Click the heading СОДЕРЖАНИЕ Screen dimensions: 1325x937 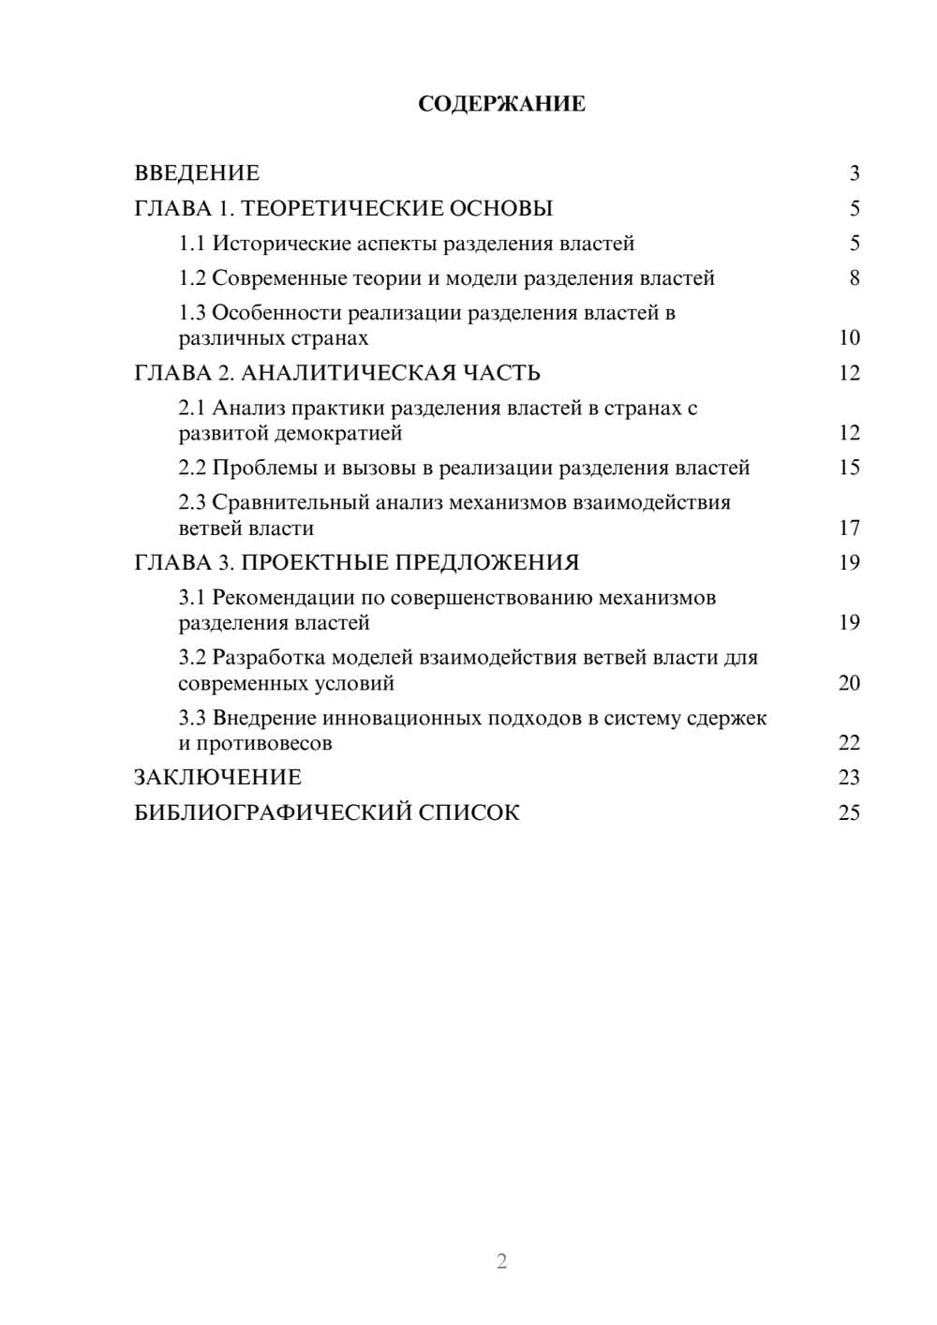501,104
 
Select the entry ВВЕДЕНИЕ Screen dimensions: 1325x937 197,173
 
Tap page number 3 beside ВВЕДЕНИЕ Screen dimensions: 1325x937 854,173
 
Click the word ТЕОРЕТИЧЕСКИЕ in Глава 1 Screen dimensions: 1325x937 335,208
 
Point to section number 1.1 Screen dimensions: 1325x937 191,244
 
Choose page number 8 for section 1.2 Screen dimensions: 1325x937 854,278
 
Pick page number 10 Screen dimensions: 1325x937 849,338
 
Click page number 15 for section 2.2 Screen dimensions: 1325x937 849,468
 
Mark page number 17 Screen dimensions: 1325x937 849,529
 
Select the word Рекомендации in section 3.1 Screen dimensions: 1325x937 283,598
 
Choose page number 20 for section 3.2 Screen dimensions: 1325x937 849,683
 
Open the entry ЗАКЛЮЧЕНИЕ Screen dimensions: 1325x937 218,778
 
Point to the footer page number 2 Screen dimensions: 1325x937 501,1261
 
